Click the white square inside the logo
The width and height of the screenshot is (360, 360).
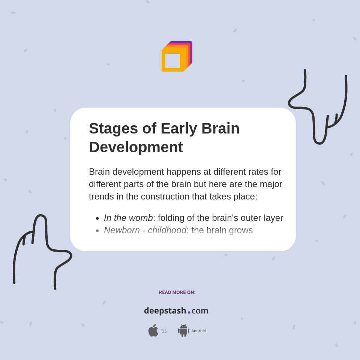tap(172, 61)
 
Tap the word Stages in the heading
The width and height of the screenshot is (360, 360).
tap(113, 129)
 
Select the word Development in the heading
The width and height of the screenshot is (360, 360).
tap(136, 147)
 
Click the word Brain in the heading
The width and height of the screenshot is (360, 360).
tap(220, 129)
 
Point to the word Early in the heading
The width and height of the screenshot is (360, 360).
tap(178, 129)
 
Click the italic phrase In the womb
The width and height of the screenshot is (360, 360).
tap(128, 218)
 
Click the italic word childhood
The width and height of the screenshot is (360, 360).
tap(167, 230)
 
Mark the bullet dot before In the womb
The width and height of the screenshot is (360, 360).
tap(97, 218)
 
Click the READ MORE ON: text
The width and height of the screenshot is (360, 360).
tap(177, 292)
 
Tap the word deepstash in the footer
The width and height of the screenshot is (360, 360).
tap(165, 311)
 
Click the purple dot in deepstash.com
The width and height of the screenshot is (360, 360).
tap(189, 312)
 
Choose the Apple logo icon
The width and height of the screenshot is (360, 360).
tap(153, 331)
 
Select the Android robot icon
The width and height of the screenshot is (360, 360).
tap(183, 331)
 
